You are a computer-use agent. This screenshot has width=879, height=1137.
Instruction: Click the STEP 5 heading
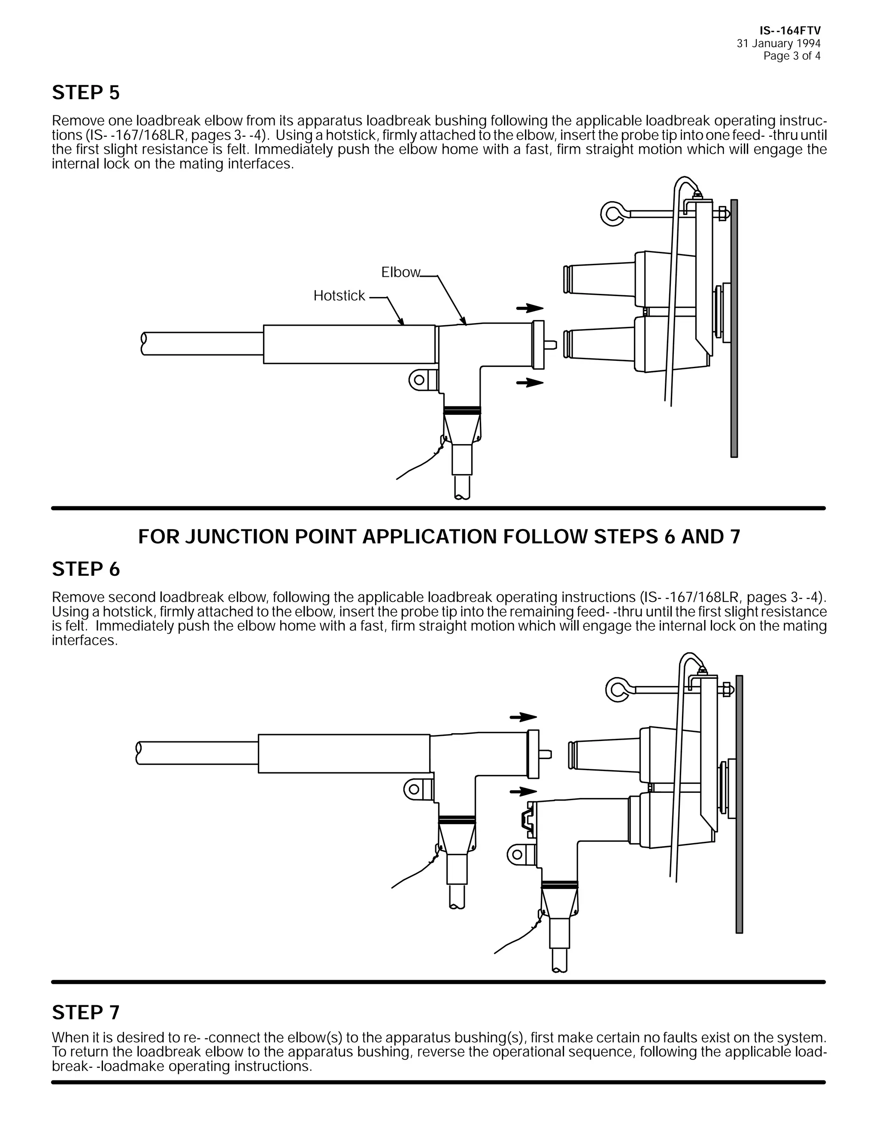point(86,93)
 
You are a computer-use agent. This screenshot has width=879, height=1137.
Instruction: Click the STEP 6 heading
point(86,569)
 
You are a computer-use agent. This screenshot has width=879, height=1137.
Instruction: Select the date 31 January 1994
point(778,44)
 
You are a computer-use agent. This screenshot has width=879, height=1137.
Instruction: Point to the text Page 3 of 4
point(791,56)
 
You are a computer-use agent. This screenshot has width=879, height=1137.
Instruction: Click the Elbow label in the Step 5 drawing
point(400,272)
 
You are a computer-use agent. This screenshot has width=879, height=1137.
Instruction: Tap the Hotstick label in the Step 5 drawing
point(339,296)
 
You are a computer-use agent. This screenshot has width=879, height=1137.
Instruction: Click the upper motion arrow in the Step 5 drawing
point(530,308)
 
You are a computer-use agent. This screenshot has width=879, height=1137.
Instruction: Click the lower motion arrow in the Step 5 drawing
point(530,383)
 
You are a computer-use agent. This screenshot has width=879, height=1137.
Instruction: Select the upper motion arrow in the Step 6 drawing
point(523,717)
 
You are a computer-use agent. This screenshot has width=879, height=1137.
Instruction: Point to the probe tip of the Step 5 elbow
point(550,345)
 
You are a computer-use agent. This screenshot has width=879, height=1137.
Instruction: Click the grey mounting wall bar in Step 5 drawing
point(734,328)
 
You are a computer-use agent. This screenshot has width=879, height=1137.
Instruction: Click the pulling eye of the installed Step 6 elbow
point(517,854)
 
